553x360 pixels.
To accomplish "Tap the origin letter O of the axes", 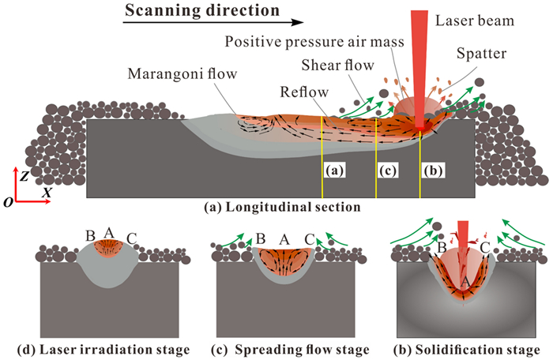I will point(7,202).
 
